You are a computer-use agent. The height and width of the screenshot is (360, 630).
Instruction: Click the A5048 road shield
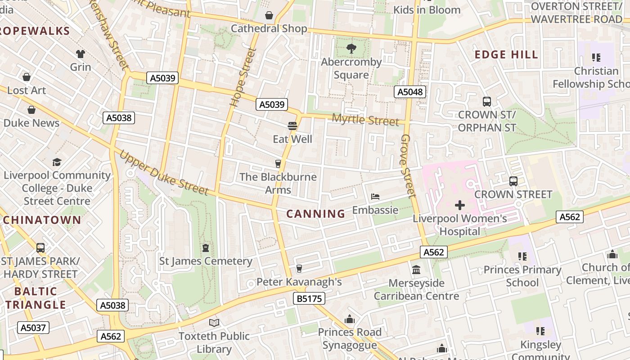[409, 92]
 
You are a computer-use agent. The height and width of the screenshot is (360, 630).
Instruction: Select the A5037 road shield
[34, 327]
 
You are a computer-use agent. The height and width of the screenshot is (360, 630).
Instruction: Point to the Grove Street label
[408, 166]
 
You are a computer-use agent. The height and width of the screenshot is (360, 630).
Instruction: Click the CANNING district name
[316, 214]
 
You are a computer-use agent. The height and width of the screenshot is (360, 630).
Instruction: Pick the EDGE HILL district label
[506, 55]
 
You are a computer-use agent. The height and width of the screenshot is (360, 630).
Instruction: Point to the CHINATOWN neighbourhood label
[42, 220]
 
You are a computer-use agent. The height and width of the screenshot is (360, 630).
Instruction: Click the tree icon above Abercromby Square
[351, 48]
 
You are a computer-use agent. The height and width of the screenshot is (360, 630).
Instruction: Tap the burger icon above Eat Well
[292, 126]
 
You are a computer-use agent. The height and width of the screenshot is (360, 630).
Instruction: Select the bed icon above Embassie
[375, 197]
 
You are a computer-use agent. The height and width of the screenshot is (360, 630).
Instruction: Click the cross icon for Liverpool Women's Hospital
[459, 206]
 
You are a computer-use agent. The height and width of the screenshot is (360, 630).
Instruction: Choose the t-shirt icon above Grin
[81, 54]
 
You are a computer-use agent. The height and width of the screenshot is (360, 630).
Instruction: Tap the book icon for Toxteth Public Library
[214, 323]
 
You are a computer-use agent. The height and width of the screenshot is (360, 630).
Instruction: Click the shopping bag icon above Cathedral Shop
[269, 16]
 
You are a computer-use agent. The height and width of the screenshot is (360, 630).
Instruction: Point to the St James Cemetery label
[206, 261]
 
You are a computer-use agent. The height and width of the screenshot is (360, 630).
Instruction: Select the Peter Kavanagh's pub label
[299, 282]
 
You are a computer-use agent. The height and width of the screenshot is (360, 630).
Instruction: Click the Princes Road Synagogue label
[350, 338]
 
